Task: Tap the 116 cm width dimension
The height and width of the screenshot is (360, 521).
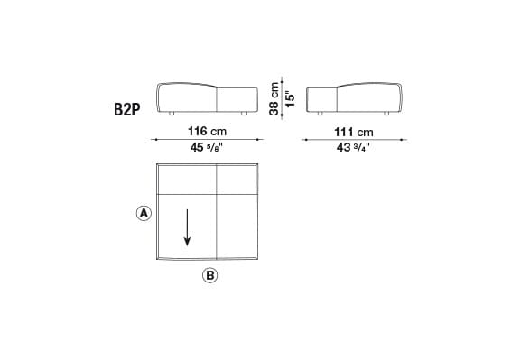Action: click(x=209, y=132)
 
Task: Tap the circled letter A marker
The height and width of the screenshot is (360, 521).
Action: click(x=142, y=214)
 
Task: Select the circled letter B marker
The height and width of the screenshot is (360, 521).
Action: click(x=209, y=276)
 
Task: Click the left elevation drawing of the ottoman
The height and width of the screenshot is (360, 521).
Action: click(x=209, y=98)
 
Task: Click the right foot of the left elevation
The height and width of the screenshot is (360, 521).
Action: click(x=244, y=115)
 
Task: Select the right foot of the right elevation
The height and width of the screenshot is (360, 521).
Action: click(x=386, y=115)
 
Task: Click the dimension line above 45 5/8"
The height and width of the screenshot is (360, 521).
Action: click(x=209, y=141)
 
